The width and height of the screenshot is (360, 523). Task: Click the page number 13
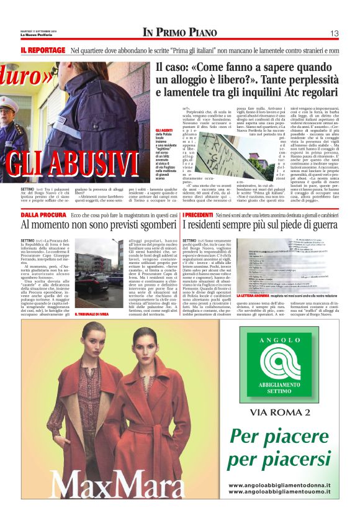(x=334, y=33)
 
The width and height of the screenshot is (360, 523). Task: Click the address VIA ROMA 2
(x=279, y=412)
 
